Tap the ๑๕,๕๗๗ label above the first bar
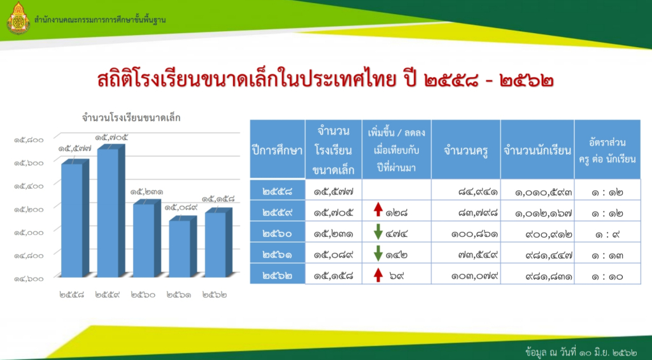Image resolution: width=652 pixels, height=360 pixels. point(75,148)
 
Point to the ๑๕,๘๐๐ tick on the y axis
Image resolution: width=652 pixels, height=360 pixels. point(29,140)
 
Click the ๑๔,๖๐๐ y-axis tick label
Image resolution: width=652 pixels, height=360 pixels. point(29,278)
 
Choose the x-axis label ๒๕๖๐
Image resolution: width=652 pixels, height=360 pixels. point(143,295)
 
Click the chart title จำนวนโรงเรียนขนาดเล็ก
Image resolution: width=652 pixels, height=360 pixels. point(131,118)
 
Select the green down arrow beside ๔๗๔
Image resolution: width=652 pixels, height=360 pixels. point(378,232)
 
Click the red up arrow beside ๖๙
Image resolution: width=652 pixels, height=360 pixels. point(378,275)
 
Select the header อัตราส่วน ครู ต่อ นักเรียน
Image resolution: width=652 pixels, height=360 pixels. point(607,150)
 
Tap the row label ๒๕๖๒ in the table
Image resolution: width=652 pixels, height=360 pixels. point(278,276)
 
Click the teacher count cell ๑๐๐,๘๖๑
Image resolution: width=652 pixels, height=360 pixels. point(474,234)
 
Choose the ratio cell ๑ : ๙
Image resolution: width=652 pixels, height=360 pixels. point(607,234)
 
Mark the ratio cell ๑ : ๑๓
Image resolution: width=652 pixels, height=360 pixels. point(607,255)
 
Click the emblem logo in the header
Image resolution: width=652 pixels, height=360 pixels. point(18,18)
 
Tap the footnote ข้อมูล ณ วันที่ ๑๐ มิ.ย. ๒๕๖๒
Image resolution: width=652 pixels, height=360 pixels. point(581,352)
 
